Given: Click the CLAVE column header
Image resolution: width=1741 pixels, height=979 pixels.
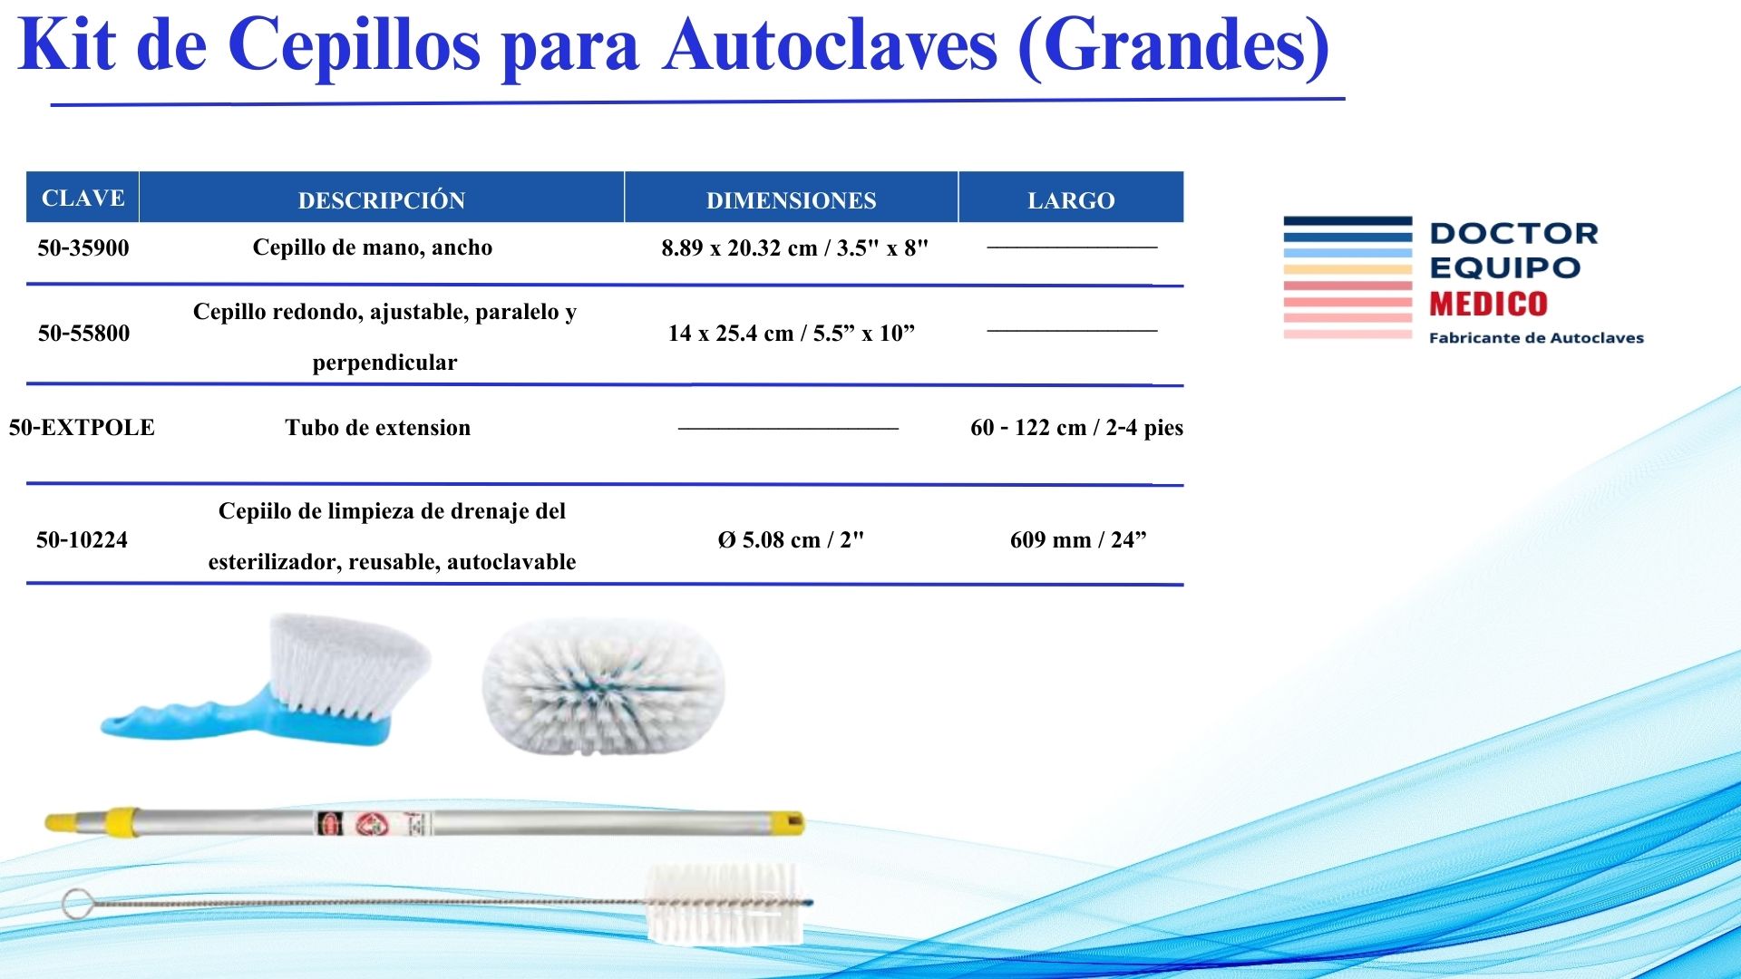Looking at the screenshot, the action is (83, 198).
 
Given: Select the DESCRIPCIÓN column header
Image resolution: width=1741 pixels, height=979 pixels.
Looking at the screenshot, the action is (382, 199).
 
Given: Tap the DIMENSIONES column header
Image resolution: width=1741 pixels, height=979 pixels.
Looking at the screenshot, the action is (791, 200).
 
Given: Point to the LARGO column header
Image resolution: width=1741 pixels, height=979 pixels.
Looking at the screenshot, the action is (1071, 200).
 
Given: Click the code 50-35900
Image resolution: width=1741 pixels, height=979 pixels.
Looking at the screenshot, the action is (83, 247).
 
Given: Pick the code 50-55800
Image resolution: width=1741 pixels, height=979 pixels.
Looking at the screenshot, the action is (83, 333).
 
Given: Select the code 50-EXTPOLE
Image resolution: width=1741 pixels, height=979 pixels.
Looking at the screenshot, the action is (82, 427).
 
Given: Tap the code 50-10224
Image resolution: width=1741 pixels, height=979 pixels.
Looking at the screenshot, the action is (82, 539).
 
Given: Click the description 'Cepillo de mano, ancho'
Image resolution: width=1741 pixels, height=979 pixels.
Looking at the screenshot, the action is (373, 247).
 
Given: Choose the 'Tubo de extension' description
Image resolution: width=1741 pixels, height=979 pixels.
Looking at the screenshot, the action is (377, 428).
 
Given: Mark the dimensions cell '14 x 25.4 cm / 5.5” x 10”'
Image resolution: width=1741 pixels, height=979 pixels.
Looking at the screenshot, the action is (792, 333).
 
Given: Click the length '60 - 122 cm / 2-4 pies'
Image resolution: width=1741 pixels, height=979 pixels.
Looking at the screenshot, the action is (1076, 427).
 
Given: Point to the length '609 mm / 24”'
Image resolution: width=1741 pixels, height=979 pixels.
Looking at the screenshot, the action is (1078, 539).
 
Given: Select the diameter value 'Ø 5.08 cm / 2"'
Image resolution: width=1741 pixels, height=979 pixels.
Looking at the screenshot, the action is (791, 539).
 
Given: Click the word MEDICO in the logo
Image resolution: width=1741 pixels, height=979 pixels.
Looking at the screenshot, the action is (1488, 304).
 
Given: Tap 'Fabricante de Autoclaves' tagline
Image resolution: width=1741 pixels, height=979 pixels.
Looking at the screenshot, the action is (1536, 338).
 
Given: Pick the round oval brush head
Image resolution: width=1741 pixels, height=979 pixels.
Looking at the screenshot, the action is (604, 686).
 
